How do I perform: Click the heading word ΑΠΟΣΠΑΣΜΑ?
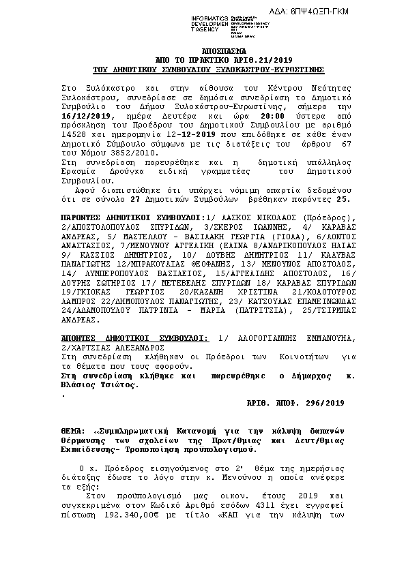tap(208, 52)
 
